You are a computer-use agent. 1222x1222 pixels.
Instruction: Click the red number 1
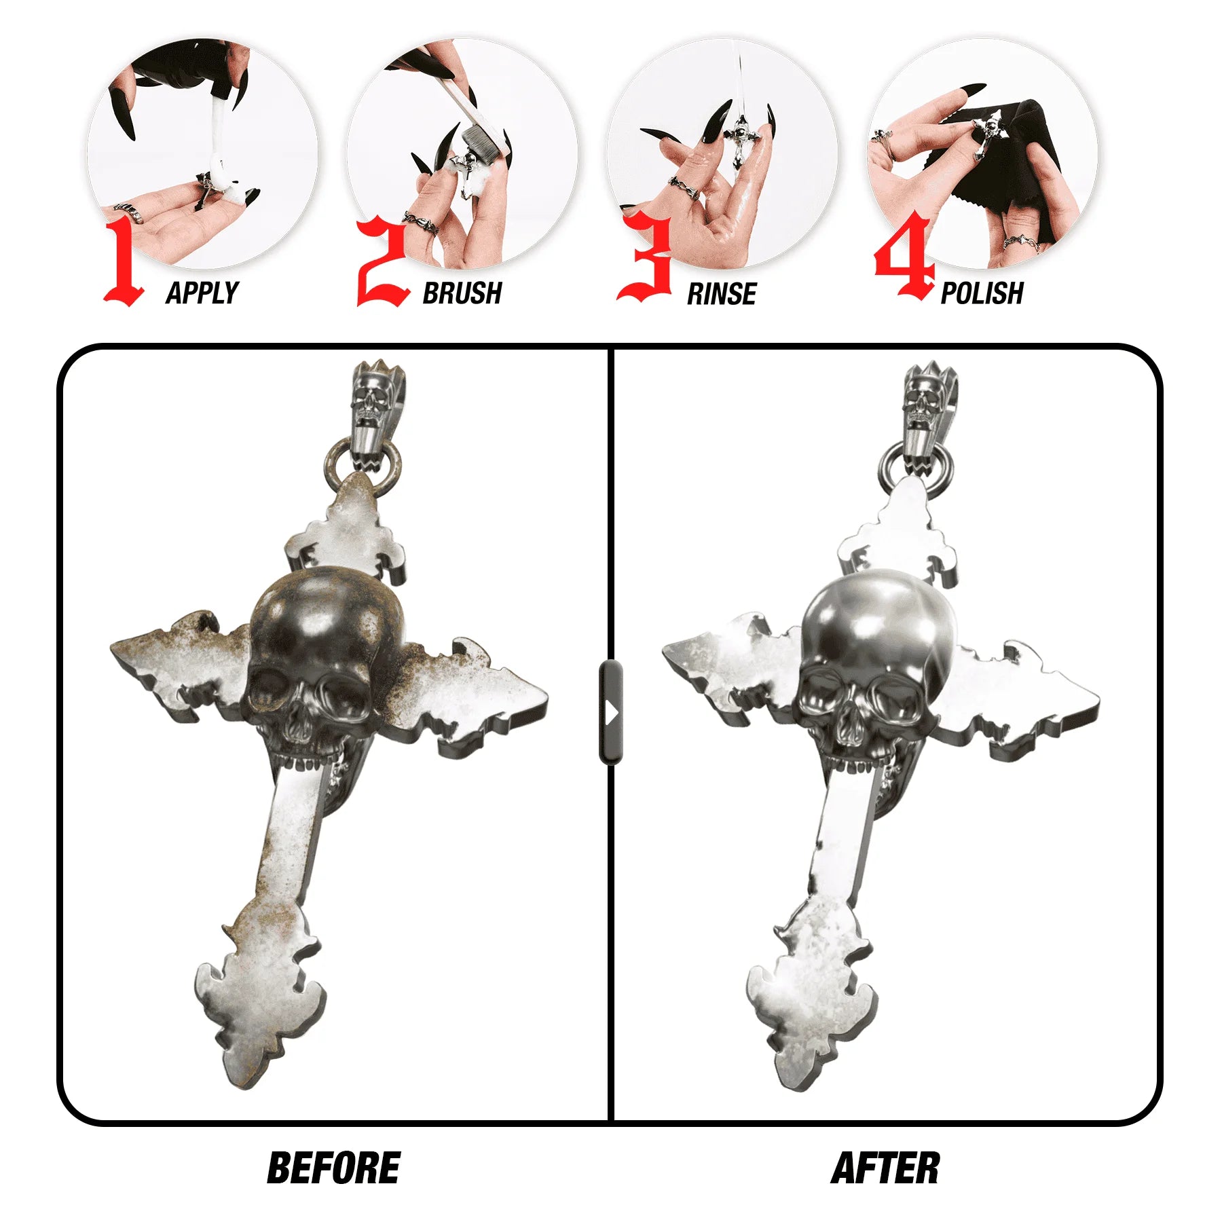(123, 261)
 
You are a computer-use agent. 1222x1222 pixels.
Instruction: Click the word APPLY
(202, 293)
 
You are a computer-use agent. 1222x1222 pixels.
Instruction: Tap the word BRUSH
(462, 293)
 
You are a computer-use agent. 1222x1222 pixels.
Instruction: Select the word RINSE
(722, 294)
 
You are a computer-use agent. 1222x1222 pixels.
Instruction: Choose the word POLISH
(982, 293)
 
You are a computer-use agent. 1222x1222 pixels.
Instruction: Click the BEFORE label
(333, 1168)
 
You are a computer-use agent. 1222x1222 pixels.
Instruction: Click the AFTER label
(885, 1168)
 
